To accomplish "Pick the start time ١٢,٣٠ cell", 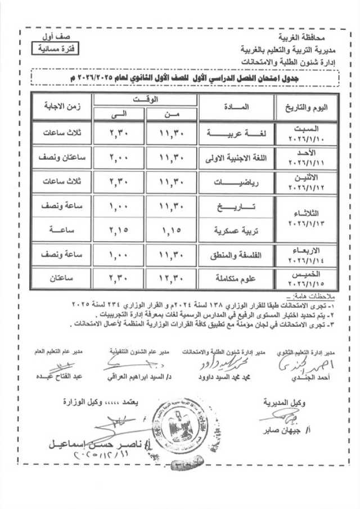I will click(172, 278).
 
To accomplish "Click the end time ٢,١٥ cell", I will click(119, 231).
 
